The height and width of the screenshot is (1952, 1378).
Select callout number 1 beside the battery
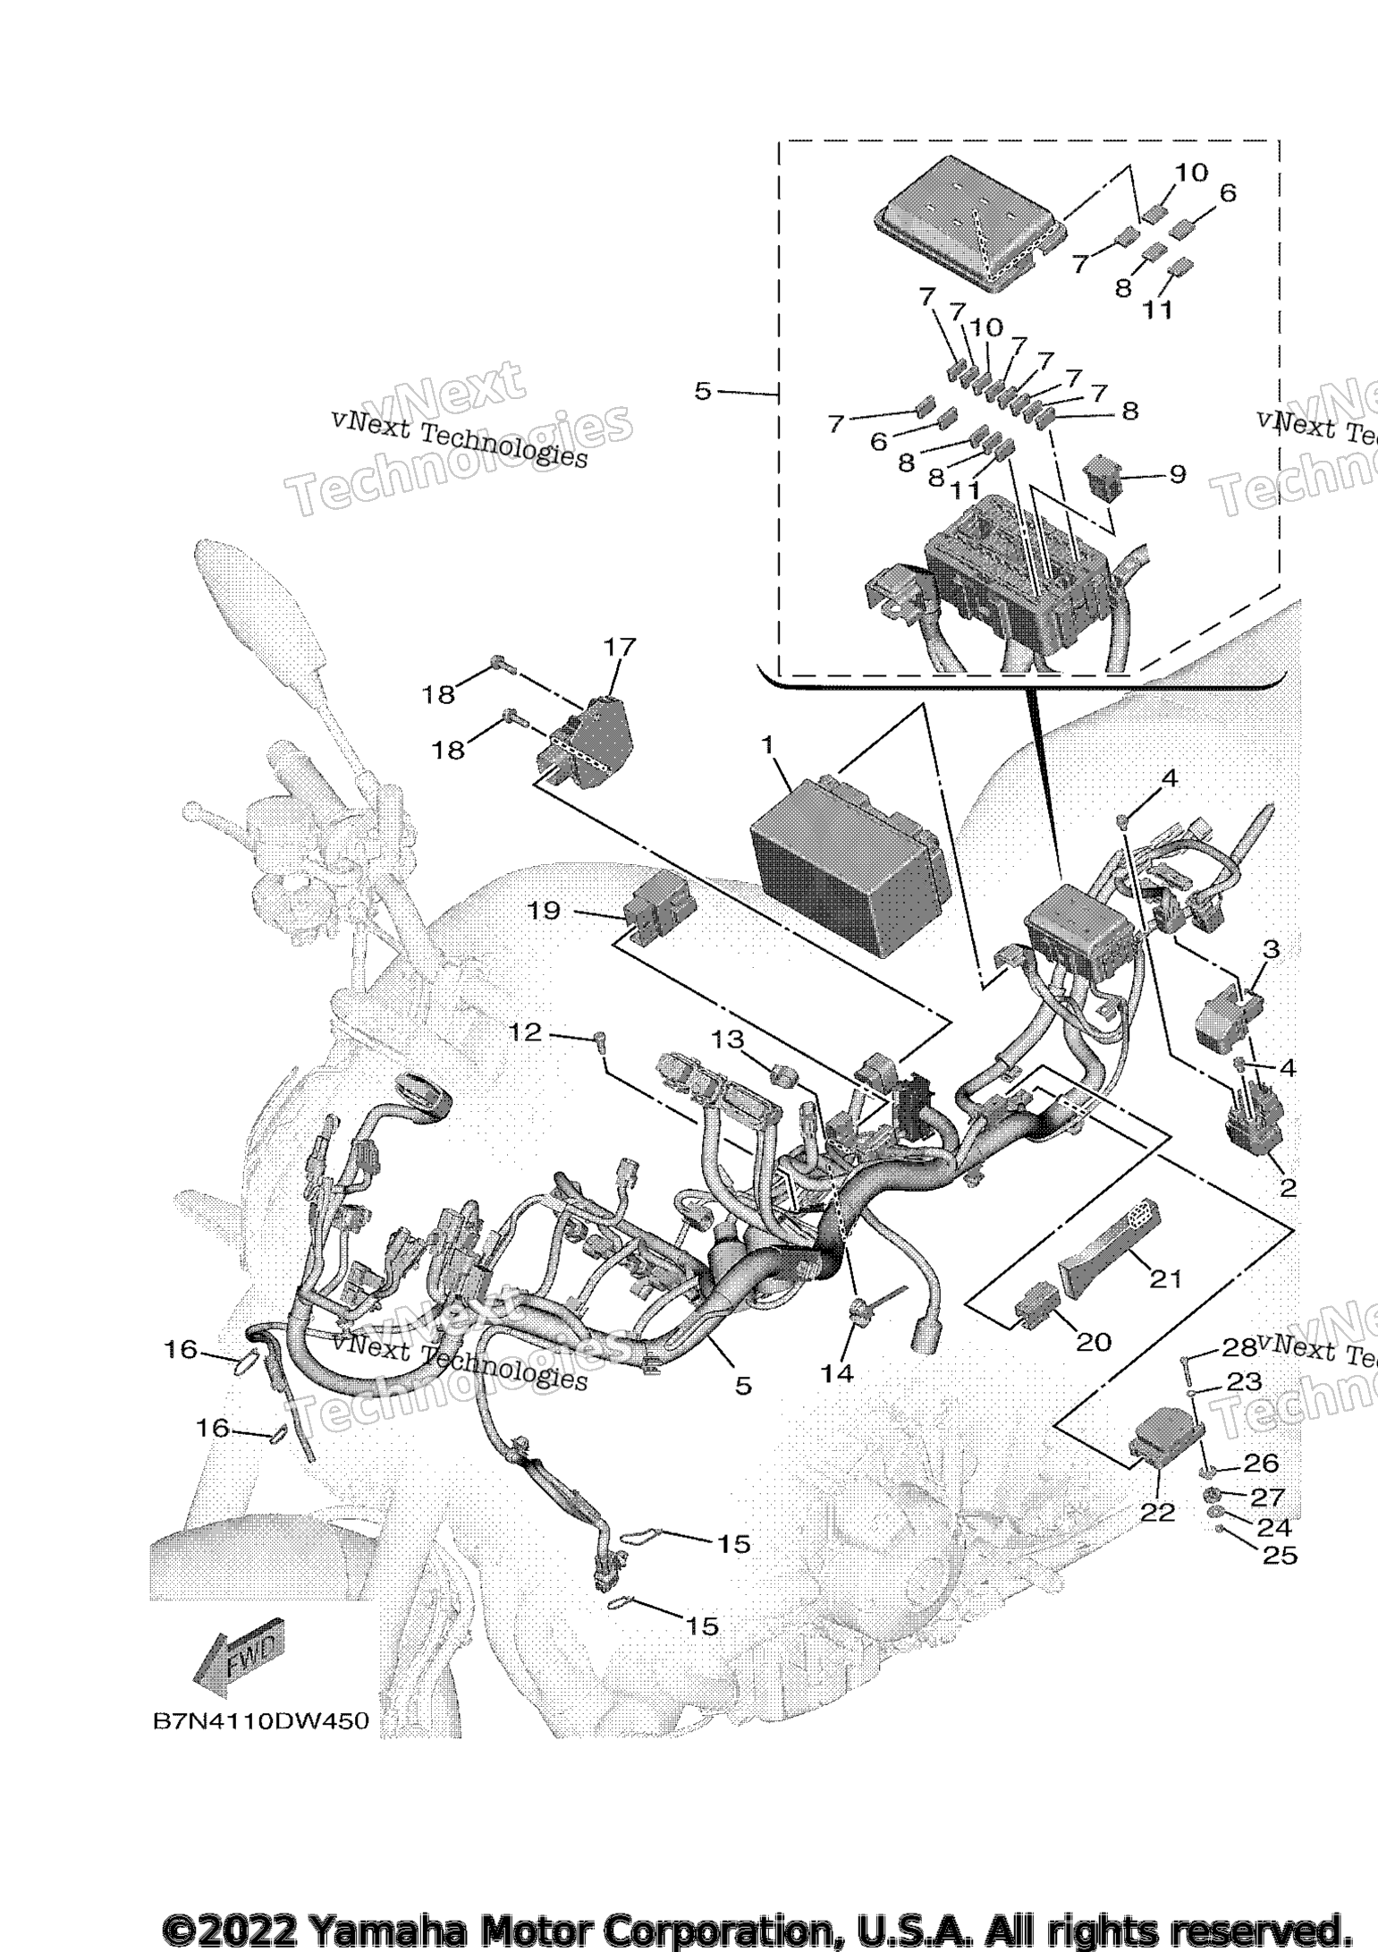point(766,744)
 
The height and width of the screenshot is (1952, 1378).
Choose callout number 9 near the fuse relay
point(1177,473)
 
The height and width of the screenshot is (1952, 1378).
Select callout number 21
point(1166,1277)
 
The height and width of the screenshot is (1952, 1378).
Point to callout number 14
point(838,1372)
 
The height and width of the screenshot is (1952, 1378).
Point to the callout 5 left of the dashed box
point(703,391)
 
